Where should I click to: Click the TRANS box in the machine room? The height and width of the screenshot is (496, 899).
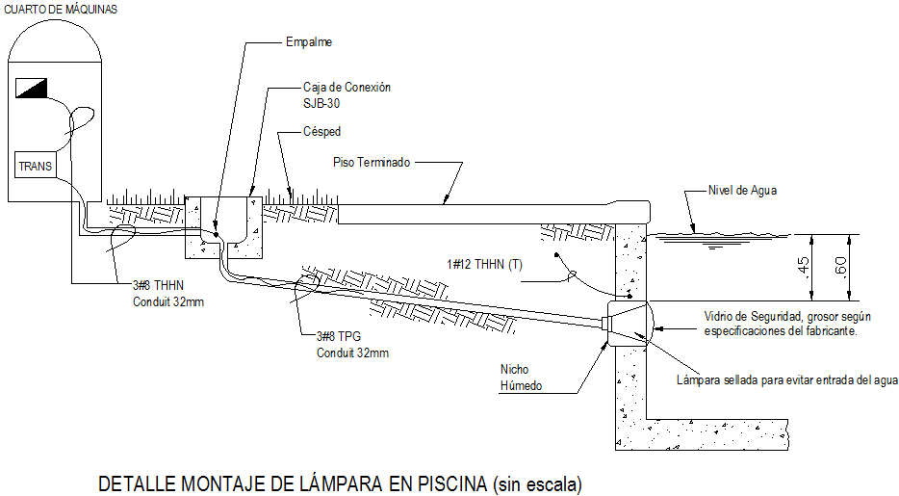coord(37,166)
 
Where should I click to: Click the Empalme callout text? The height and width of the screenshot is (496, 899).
coord(308,42)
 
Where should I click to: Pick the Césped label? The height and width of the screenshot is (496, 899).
coord(321,131)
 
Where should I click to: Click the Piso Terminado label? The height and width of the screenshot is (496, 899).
coord(372,163)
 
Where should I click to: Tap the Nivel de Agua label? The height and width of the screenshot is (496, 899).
coord(741,190)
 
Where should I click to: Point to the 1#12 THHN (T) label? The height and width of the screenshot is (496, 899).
coord(486,264)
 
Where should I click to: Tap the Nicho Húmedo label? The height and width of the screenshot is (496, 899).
coord(521,378)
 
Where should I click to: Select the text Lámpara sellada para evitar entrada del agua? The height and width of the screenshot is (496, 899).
coord(787,380)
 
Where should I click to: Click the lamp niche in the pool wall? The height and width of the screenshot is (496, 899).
coord(627,324)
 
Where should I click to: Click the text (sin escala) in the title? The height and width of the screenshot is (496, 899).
coord(537,484)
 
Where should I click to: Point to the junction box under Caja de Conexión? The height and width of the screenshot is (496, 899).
coord(223,229)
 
